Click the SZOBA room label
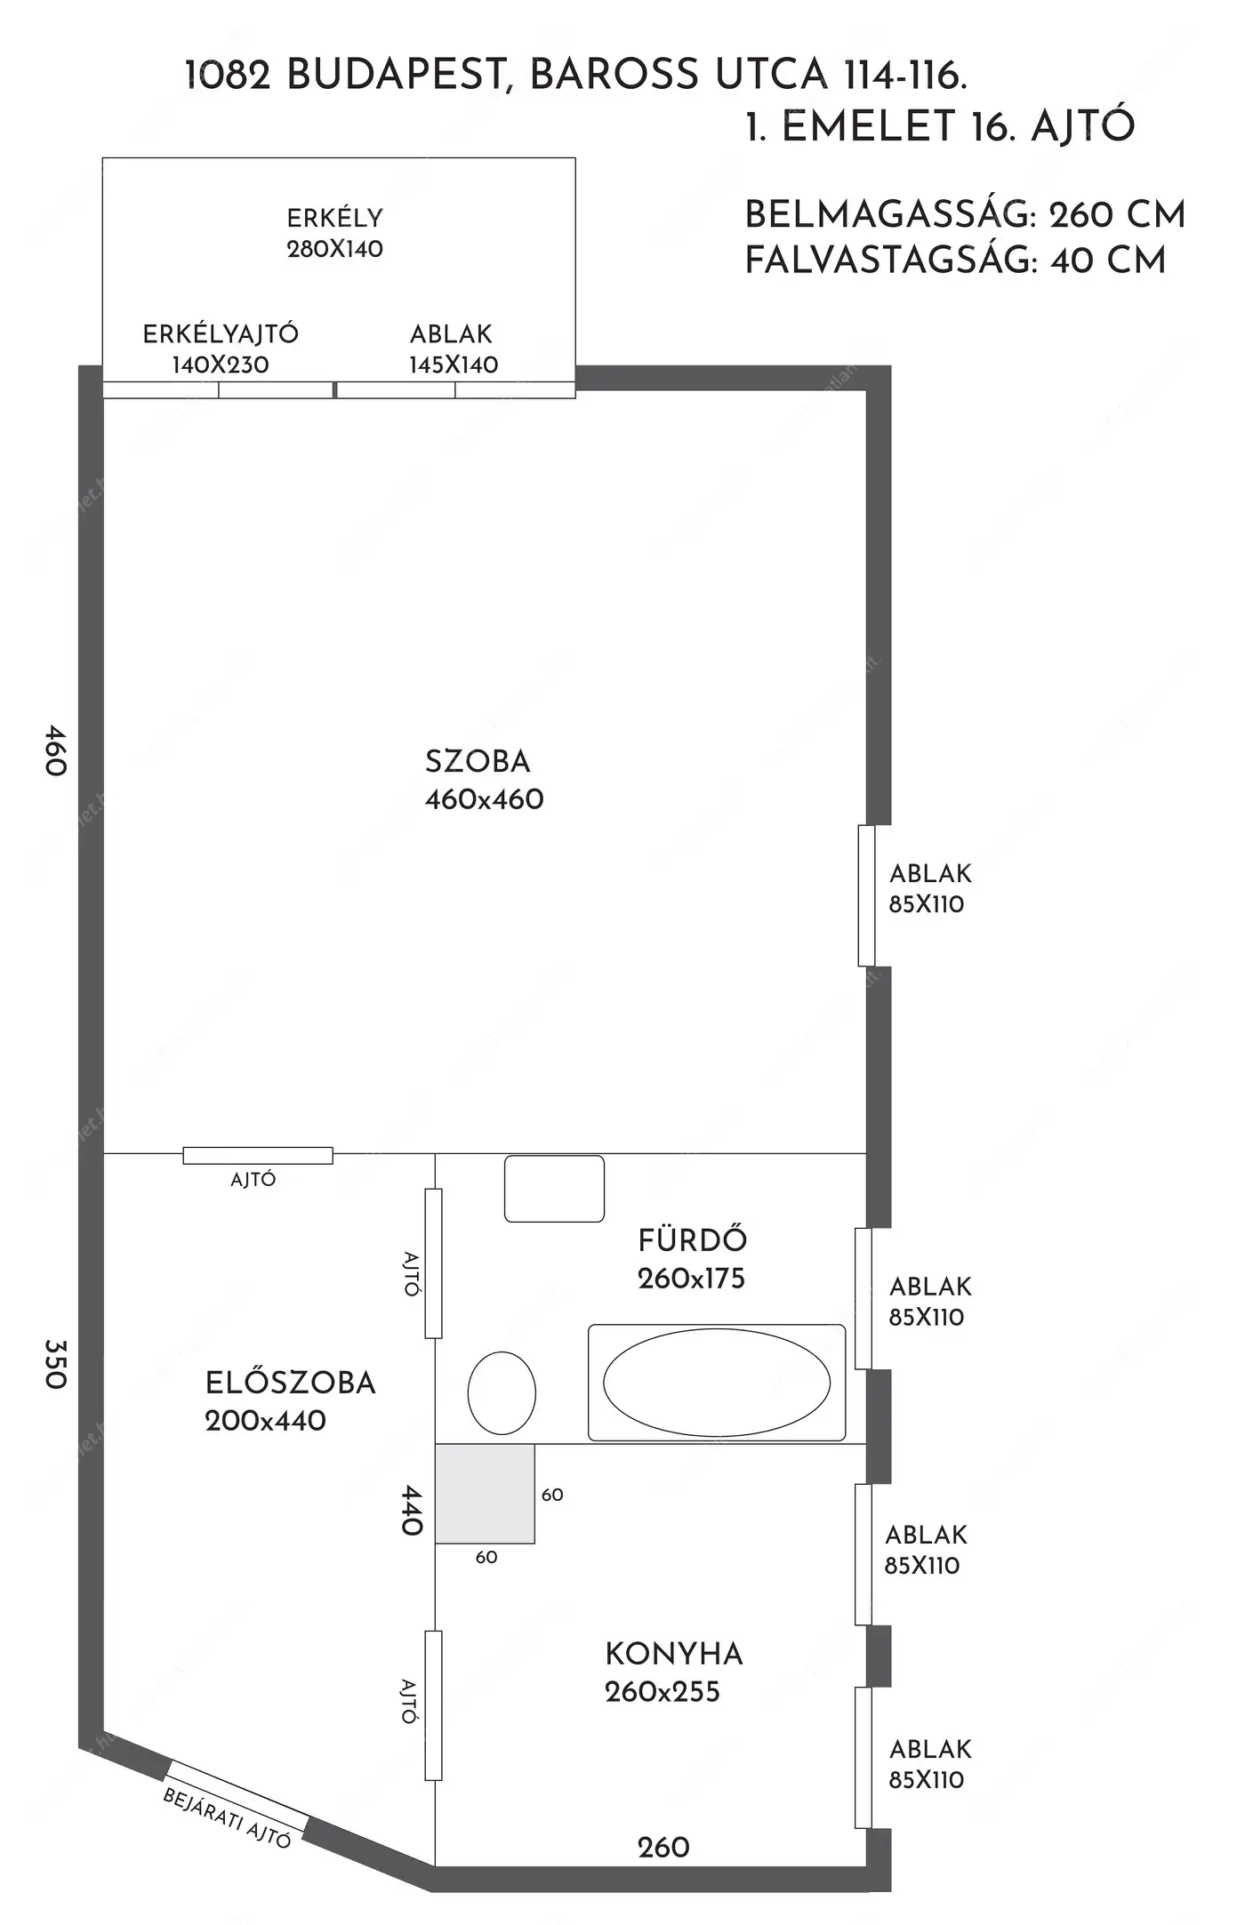click(478, 762)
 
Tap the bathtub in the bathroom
click(717, 1383)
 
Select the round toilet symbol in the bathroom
click(502, 1392)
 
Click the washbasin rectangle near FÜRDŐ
click(555, 1189)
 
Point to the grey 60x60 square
click(485, 1494)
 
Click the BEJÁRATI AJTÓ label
click(227, 1818)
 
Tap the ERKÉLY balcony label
click(334, 218)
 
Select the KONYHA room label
click(674, 1654)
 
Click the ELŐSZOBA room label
click(291, 1383)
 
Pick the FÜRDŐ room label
click(693, 1239)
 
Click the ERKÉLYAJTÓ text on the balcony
click(221, 333)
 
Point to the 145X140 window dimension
click(454, 365)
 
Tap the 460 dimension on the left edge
click(55, 750)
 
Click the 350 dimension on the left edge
click(55, 1364)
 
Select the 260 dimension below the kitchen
click(663, 1848)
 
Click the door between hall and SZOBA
click(258, 1155)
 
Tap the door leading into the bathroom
click(433, 1263)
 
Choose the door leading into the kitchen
click(433, 1705)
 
